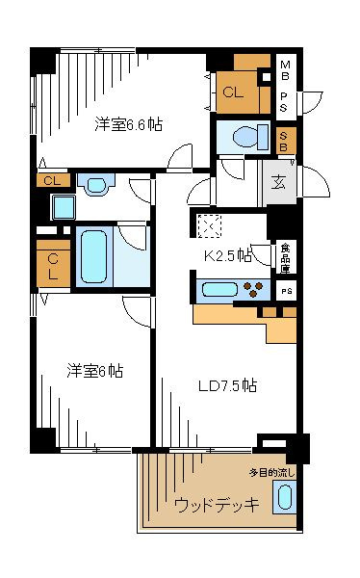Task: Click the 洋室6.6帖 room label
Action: pos(128,124)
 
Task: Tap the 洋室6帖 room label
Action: pos(94,371)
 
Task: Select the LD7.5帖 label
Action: pos(227,385)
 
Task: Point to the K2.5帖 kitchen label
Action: pos(228,255)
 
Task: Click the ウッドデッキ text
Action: pos(217,504)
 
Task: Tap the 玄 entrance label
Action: pos(278,182)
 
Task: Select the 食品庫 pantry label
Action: pos(286,258)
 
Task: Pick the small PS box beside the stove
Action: pos(286,291)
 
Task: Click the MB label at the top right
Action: pos(285,70)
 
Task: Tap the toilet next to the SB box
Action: pos(250,137)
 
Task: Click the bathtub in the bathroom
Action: pos(94,256)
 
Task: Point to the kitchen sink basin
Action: pos(219,289)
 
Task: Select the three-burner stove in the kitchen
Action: pos(253,289)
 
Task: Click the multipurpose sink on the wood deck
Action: pos(285,496)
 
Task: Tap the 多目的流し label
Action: pos(272,473)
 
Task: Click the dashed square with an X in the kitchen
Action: pos(209,225)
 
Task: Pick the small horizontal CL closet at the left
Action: pos(54,181)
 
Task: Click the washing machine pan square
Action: pos(64,207)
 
